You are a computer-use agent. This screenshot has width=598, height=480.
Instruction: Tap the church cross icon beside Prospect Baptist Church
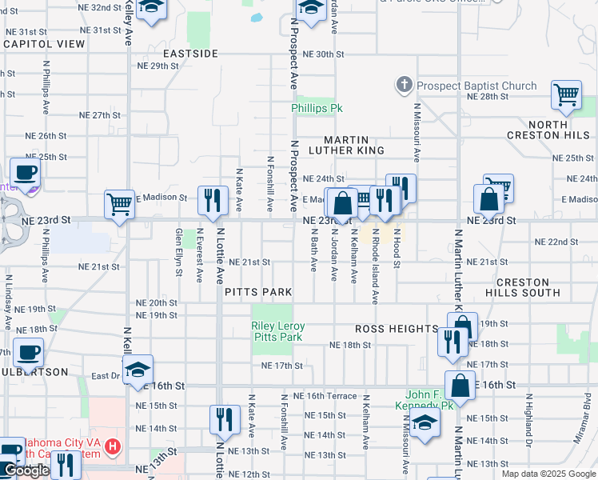405,85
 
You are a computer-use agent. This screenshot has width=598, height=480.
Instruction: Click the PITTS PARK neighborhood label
258,292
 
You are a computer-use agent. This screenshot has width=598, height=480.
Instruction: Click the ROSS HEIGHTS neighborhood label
397,329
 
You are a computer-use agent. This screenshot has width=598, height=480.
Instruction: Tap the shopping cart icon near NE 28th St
566,94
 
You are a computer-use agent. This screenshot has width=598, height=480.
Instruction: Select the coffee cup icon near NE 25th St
25,171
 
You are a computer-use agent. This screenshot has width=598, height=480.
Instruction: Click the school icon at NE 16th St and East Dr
138,369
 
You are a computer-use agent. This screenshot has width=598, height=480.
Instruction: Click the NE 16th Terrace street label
325,396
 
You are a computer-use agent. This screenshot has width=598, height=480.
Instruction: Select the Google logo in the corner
26,470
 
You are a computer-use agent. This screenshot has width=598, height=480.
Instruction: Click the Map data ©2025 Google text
548,474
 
